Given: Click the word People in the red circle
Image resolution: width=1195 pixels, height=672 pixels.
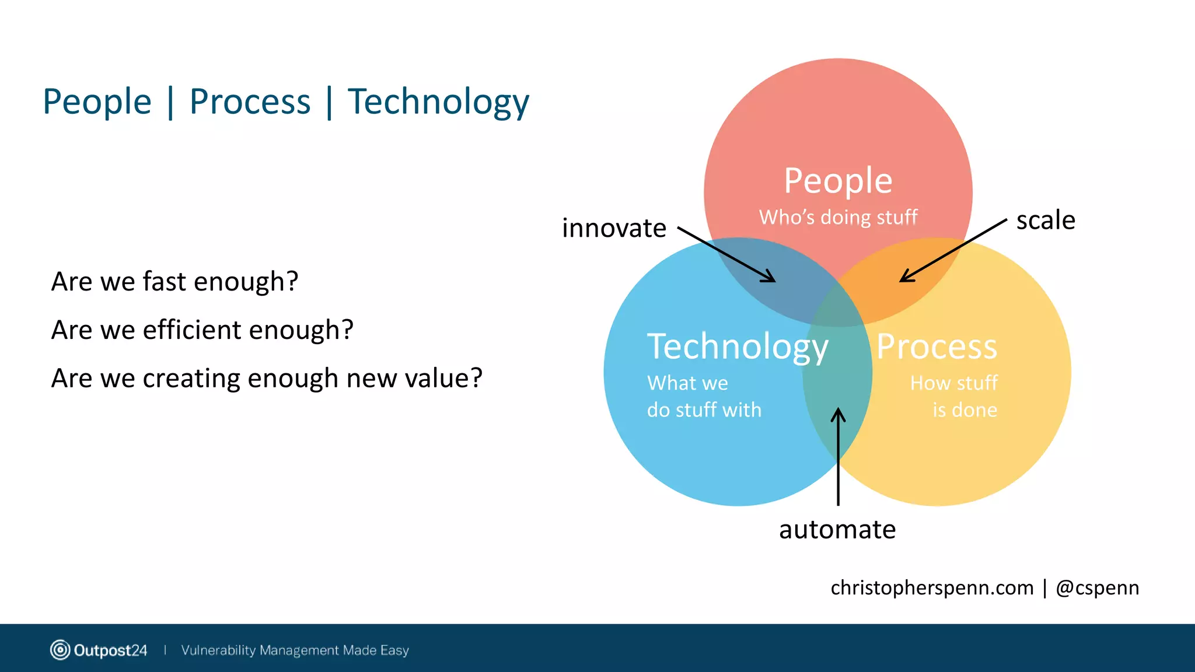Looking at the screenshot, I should coord(838,181).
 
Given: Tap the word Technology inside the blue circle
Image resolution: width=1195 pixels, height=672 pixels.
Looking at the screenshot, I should coord(738,347).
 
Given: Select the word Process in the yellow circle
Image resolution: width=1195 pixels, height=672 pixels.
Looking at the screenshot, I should coord(937,347).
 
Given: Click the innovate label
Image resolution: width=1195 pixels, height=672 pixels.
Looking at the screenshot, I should coord(614,228).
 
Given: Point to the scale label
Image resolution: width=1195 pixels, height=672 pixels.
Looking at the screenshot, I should coord(1046,220).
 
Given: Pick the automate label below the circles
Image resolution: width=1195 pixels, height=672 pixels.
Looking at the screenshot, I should coord(837,530).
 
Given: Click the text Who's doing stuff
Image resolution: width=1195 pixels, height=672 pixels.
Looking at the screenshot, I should coord(838,218).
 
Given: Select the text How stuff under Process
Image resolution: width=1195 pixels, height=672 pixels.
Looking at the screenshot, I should coord(953,383).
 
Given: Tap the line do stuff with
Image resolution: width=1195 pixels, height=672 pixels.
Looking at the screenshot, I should coord(704,410).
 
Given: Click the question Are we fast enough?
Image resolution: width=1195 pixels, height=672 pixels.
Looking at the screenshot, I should coord(174,282).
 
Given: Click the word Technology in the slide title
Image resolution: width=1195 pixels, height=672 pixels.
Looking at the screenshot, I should coord(438,102).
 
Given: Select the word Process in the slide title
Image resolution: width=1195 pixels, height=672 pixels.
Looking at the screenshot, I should coord(250,102).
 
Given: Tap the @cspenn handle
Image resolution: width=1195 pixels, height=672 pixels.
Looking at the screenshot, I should coord(1097,588).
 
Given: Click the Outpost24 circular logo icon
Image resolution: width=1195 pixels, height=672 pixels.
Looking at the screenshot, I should coord(60,650).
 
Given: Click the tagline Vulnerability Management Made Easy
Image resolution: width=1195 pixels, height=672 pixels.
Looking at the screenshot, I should coord(295,650).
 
